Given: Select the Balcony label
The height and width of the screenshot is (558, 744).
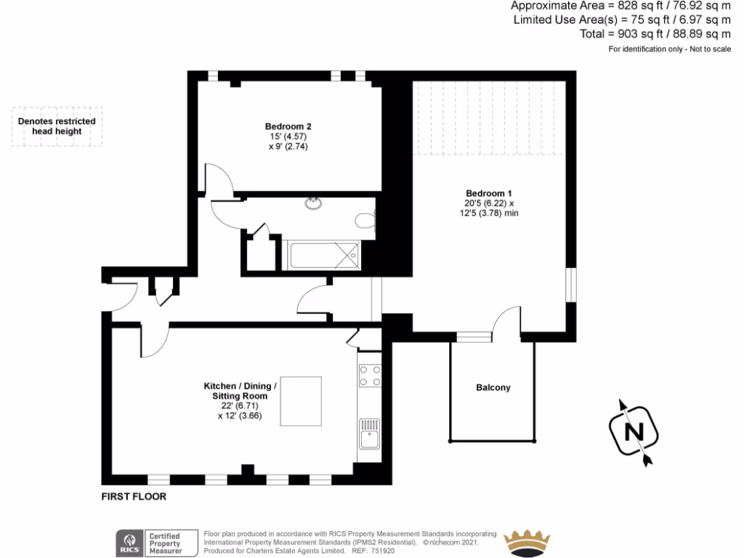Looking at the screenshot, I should pos(493,388).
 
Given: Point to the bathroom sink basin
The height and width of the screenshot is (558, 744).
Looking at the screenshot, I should pos(314,203).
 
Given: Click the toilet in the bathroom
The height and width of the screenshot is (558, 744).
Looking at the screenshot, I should pos(365,221).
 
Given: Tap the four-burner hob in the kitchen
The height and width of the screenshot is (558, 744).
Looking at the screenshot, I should pos(370,376).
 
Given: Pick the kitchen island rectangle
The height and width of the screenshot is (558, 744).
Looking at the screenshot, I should pos(301,401).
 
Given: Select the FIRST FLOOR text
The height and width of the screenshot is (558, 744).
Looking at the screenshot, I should pos(134,497).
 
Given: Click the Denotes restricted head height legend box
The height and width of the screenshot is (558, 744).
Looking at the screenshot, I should pos(57,126).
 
